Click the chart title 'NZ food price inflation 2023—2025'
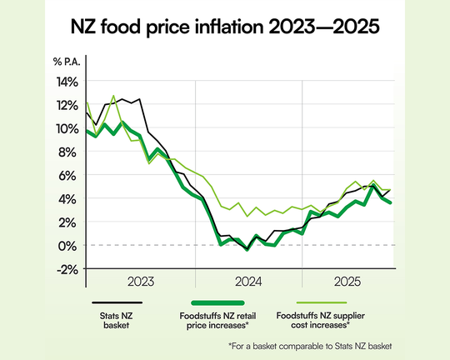[225, 27]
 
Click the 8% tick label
[69, 152]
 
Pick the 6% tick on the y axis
[69, 175]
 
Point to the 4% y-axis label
[69, 198]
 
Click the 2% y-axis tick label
[69, 222]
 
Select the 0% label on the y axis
[69, 245]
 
